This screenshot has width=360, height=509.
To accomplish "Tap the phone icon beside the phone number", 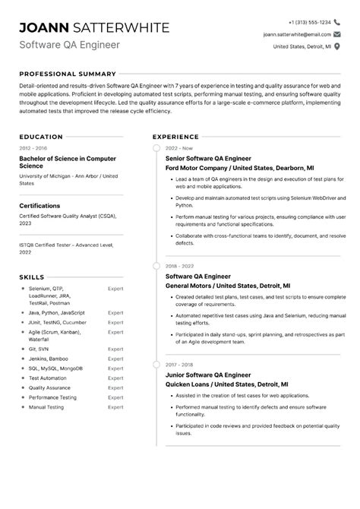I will click(338, 22).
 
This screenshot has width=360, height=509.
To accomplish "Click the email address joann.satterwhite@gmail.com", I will click(297, 34).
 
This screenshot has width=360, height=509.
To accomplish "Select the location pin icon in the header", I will click(338, 46).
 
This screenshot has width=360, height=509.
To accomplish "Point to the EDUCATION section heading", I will click(41, 137).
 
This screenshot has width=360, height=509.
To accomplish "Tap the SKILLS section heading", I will click(32, 277).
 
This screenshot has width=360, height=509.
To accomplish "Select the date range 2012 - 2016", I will click(33, 147).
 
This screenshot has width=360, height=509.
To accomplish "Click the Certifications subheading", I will click(39, 205).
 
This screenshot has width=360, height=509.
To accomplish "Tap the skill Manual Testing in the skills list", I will click(48, 407).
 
